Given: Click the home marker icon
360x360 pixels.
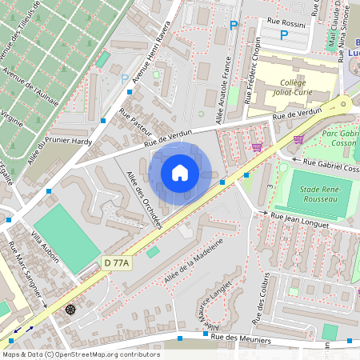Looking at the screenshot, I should click(180, 173).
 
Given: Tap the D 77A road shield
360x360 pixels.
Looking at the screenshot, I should click(117, 262).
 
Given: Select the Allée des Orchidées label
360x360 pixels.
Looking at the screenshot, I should click(144, 199).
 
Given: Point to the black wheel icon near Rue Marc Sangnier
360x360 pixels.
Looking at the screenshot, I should click(71, 309).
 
